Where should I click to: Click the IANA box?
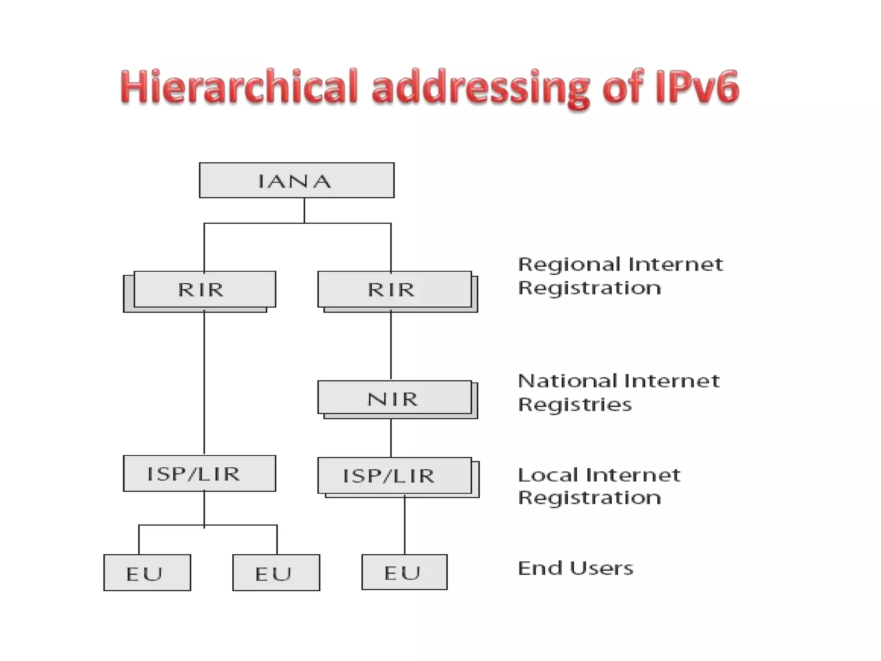pos(296,180)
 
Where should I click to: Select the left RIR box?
pos(204,289)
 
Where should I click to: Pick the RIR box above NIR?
pos(394,289)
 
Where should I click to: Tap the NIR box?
pos(394,397)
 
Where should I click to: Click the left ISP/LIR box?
pos(199,473)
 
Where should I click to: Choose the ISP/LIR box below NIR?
pos(394,475)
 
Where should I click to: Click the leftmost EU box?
pos(147,572)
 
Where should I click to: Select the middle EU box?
pos(276,572)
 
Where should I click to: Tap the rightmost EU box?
pos(404,572)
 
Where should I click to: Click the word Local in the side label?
pos(548,475)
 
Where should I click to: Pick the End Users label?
pos(575,568)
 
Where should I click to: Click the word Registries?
pos(575,405)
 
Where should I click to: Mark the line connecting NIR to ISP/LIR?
pos(391,438)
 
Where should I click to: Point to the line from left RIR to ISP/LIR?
pos(204,383)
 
